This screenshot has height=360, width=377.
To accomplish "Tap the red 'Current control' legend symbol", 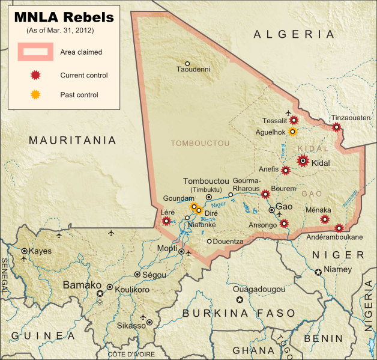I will click(36, 76).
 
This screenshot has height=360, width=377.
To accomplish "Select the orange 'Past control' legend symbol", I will click(36, 94).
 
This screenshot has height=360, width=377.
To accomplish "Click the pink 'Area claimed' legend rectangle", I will click(36, 52).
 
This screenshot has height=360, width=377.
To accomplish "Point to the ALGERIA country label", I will click(294, 35).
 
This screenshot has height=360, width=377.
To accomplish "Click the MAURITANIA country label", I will click(73, 141).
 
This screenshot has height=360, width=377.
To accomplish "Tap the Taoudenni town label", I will click(193, 70).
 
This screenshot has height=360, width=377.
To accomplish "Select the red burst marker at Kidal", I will click(303, 160).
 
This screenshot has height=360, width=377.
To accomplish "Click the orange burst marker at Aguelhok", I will click(292, 132).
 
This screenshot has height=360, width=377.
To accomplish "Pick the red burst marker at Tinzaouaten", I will click(337, 127).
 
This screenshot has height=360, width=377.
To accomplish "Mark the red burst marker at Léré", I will click(166, 221).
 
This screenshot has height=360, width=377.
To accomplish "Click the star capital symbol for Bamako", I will click(100, 293).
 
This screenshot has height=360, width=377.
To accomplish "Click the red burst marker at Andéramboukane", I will click(339, 228).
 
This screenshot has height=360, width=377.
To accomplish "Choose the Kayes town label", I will click(41, 251).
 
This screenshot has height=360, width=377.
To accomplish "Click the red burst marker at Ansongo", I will click(283, 224).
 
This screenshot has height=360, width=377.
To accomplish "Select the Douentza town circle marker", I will click(209, 242).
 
